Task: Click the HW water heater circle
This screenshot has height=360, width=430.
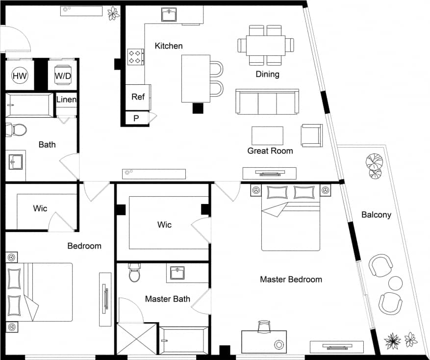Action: pos(20,76)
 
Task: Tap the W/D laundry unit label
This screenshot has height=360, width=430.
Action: pos(62,76)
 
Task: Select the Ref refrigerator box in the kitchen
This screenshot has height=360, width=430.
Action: pos(138,97)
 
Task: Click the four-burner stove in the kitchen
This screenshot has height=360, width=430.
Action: pos(136,56)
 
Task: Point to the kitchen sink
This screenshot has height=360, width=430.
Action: pos(170,15)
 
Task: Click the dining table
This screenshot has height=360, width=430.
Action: pos(266,45)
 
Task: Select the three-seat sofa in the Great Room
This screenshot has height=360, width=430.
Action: pos(267,102)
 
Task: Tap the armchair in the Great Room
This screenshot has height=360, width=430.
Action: pos(311,135)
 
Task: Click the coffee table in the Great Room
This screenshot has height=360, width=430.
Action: pos(267,136)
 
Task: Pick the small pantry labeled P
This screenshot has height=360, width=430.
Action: pos(136,118)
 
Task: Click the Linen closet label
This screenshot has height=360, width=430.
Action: pos(66,100)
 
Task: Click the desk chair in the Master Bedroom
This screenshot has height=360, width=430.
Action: pos(264,326)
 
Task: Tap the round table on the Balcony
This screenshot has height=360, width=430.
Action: pos(395,283)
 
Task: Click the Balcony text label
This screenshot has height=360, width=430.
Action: pos(376,214)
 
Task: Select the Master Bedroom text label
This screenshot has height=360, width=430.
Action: pos(291,280)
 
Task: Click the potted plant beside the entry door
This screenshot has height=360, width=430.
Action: pos(113,13)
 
